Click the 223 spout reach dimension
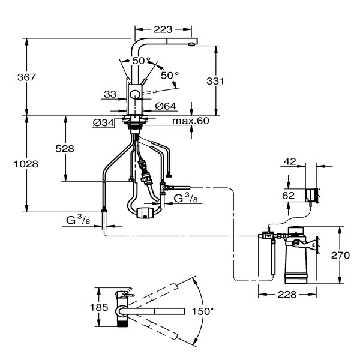coord(163,28)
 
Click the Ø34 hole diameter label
coord(104,124)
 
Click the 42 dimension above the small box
coord(290,161)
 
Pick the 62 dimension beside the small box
coord(287,194)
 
